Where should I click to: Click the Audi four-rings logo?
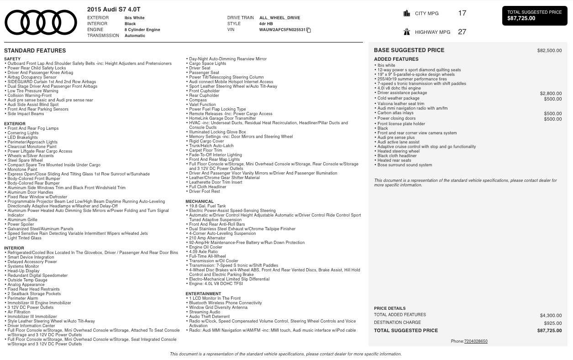coord(41,22)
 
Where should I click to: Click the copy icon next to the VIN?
coord(309,30)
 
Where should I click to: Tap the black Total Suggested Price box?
coord(534,16)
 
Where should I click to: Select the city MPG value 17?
coord(462,13)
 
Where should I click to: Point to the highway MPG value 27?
coord(462,32)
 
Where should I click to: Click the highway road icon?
coord(407,32)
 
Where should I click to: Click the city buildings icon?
coord(407,13)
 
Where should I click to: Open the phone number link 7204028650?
coord(476,341)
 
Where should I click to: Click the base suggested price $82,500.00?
coord(549,51)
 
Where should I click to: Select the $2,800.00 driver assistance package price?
coord(551,94)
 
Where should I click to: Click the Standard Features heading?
coord(35,51)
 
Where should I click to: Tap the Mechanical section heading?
coord(200,201)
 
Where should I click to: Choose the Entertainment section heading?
coord(203,294)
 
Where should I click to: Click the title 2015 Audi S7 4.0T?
coord(114,10)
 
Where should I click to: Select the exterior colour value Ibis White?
coord(134,18)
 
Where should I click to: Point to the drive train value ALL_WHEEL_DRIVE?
coord(279,18)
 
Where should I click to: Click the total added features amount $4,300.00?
coord(551,316)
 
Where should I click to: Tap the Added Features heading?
coord(396,59)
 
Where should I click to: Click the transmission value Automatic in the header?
coord(135,36)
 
